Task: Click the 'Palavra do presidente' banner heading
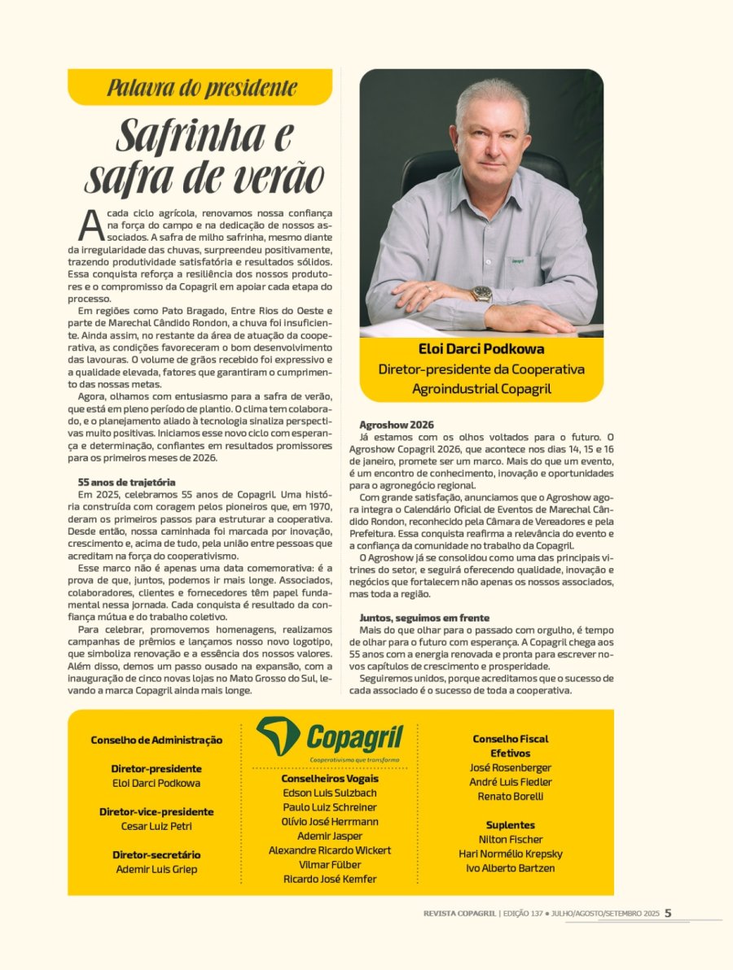(x=200, y=87)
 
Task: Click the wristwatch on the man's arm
(x=481, y=294)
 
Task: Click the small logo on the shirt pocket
(x=516, y=261)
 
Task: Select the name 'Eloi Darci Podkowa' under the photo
(x=481, y=349)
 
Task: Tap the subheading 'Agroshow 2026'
(x=397, y=425)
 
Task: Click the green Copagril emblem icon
(x=279, y=735)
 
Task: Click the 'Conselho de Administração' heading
(x=156, y=740)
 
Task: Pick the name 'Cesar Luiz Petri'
(x=156, y=826)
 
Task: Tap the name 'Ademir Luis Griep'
(x=156, y=869)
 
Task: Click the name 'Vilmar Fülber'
(x=330, y=864)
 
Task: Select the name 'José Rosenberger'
(x=511, y=767)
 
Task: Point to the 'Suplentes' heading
(x=511, y=824)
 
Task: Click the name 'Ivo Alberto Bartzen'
(x=511, y=868)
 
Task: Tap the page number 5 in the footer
(x=668, y=913)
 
